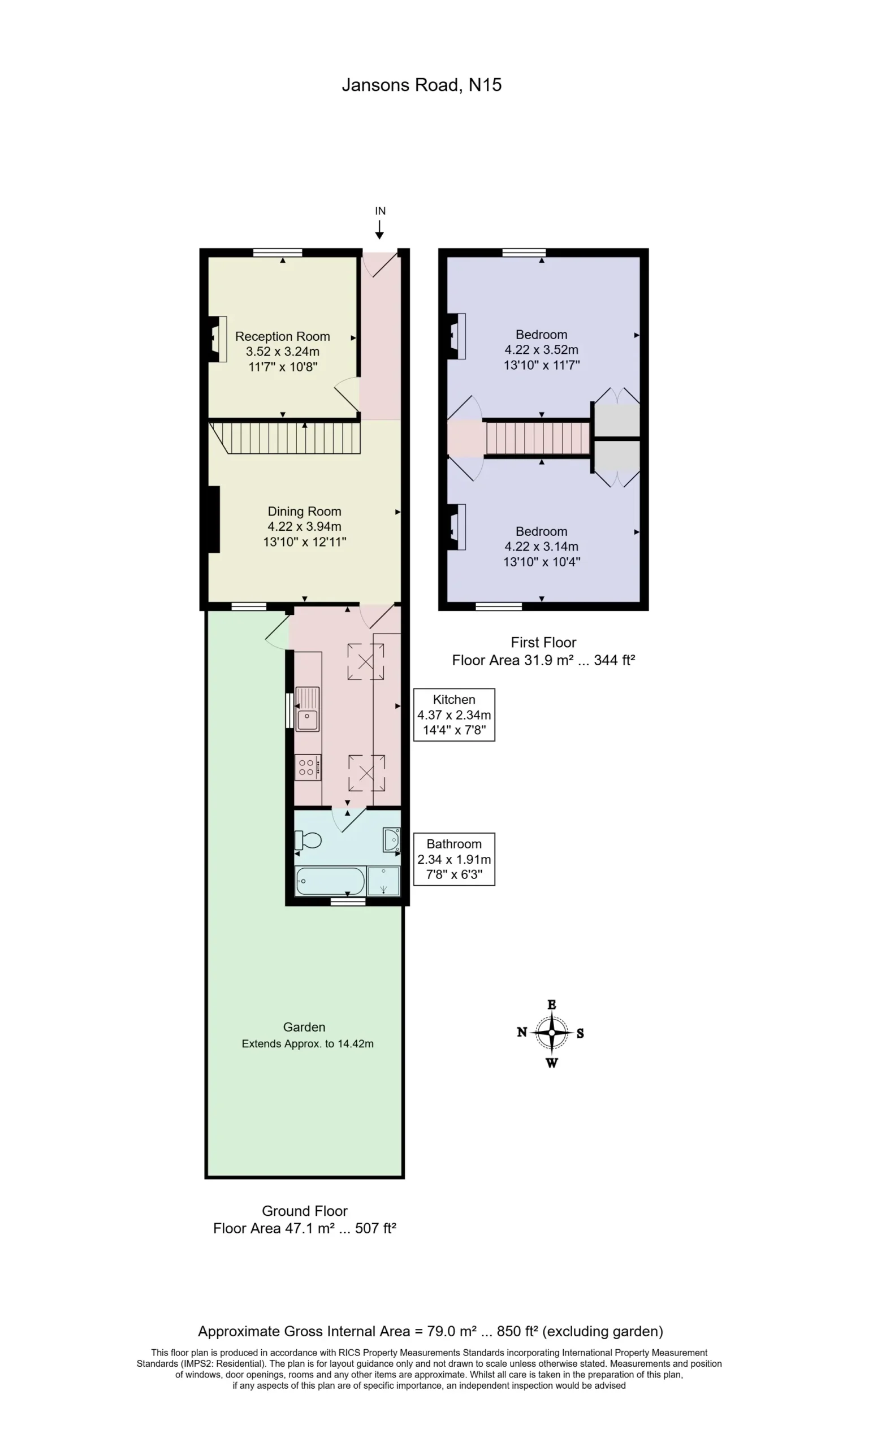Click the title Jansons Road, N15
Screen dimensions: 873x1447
(421, 85)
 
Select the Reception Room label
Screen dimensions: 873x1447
(283, 336)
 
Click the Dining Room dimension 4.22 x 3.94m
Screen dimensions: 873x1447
(304, 527)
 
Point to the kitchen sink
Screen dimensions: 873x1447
(307, 709)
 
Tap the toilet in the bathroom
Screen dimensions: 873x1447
(308, 841)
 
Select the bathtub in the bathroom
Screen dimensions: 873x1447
(331, 881)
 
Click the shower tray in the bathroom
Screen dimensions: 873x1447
(383, 881)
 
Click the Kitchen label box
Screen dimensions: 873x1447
(454, 714)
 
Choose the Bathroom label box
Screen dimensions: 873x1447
(454, 859)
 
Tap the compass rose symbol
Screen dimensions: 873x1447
(551, 1033)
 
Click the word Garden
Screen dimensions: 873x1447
(304, 1027)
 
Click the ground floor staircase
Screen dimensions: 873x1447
(285, 437)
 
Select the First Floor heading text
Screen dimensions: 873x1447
(543, 643)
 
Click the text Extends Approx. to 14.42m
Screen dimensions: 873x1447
(308, 1043)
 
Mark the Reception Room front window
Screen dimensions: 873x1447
(278, 253)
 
